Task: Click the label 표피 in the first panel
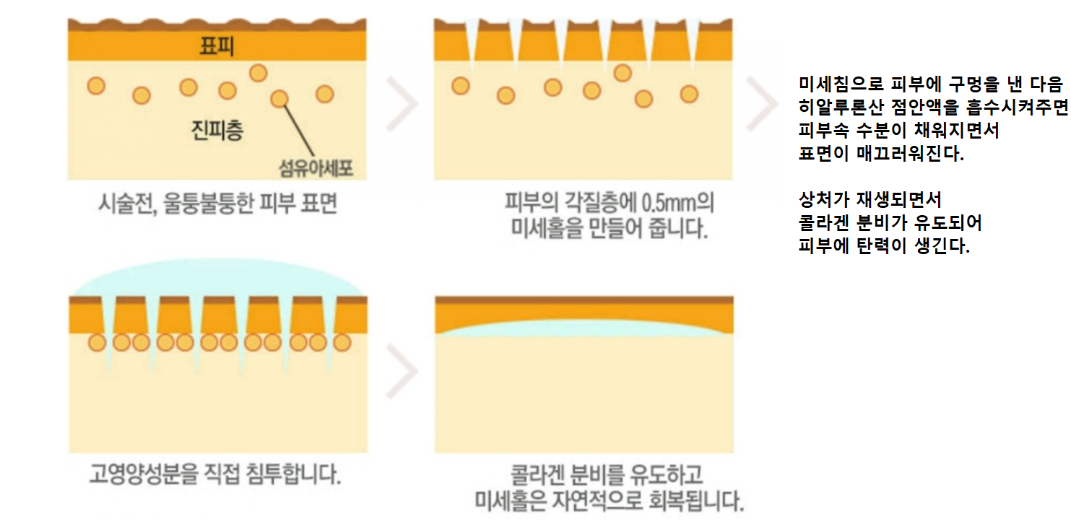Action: (x=216, y=46)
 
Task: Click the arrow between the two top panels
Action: (x=402, y=103)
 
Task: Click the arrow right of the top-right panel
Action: (x=761, y=103)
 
